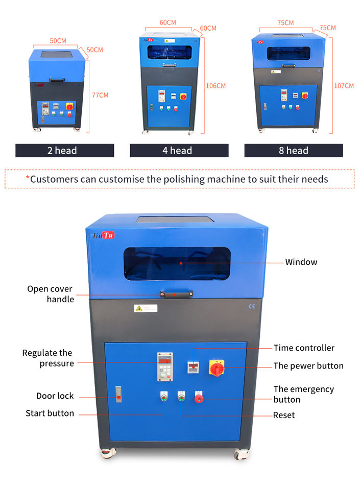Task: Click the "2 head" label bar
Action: pos(64,151)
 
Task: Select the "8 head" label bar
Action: pos(294,151)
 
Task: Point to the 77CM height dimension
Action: pos(100,95)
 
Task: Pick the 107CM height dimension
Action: pos(343,86)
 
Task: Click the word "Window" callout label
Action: pos(301,262)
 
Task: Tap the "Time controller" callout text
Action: pos(304,348)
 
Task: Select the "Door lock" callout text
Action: pos(55,396)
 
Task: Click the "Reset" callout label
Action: pos(284,415)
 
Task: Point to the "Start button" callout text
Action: pos(50,413)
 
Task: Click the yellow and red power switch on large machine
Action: pos(217,367)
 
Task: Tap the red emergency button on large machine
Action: pos(199,398)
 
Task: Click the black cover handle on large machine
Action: pos(175,294)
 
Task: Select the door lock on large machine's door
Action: pos(118,393)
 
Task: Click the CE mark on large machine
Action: pos(251,307)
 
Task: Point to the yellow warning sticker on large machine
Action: pos(138,308)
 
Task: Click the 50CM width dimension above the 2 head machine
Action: pos(58,40)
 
